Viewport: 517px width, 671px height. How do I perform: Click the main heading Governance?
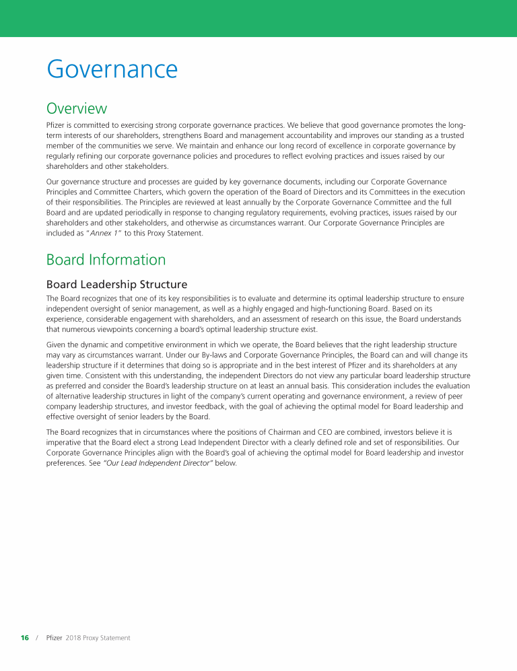click(112, 69)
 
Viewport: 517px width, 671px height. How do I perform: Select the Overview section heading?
click(76, 108)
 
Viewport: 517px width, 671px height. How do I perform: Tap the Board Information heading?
click(106, 260)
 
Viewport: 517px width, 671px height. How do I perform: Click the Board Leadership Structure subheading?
click(116, 285)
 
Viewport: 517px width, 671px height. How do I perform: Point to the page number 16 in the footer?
click(25, 637)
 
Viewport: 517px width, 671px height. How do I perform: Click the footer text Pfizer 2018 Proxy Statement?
click(88, 637)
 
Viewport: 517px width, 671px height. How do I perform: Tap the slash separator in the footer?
click(37, 637)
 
